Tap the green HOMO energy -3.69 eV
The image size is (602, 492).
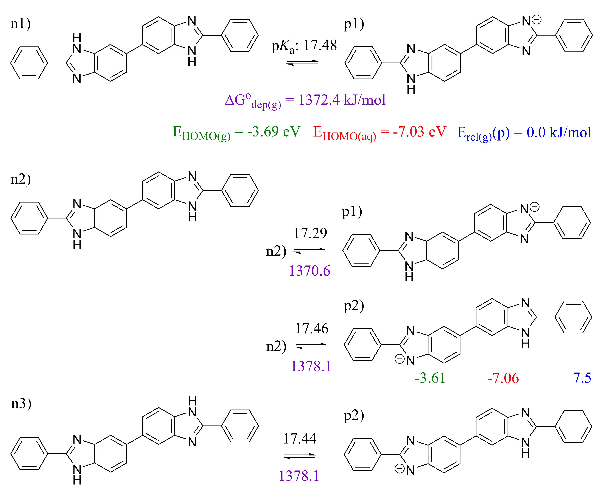273,131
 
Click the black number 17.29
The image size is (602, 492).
310,233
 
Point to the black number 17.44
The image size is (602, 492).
300,438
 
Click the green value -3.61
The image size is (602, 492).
430,378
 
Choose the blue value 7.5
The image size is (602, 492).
582,378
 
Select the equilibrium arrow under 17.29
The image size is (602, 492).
310,250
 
